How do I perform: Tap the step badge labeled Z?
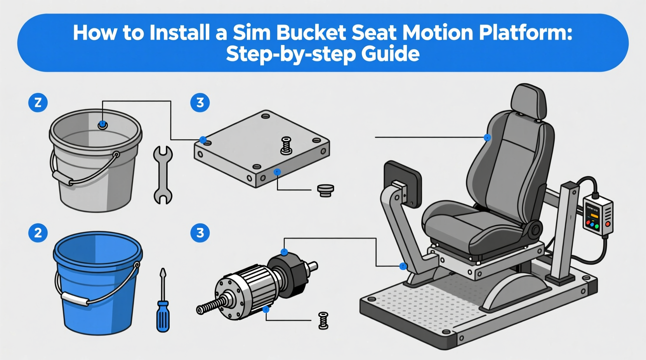(38, 103)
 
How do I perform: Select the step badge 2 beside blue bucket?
(38, 233)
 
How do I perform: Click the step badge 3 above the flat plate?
(200, 103)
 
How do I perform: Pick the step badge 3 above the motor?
(200, 233)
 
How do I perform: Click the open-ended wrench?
(163, 175)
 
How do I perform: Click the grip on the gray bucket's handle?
(62, 178)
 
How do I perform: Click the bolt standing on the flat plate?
(286, 146)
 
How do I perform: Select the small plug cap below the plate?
(325, 190)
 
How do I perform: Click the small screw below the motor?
(323, 320)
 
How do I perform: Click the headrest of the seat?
(528, 100)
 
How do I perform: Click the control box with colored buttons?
(598, 215)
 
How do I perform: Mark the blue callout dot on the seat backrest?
(487, 137)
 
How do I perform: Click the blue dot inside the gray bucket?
(102, 125)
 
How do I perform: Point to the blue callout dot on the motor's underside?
(266, 310)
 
